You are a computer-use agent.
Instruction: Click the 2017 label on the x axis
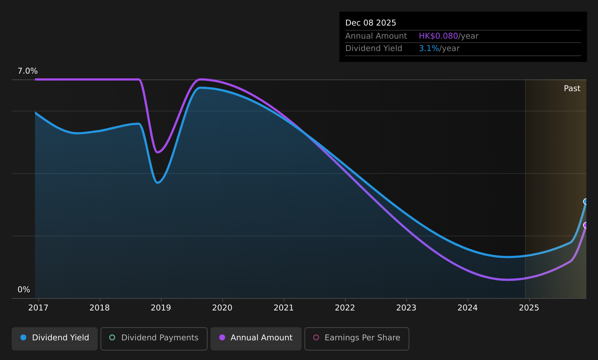[x=38, y=308]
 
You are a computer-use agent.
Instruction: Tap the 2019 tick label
[x=161, y=308]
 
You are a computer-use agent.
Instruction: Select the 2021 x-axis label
[x=283, y=308]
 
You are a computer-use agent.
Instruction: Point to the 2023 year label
[x=406, y=308]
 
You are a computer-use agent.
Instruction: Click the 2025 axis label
[x=529, y=308]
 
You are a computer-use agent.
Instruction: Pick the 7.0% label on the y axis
[x=28, y=71]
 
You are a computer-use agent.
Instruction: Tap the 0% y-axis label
[x=24, y=290]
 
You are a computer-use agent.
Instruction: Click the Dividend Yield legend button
[x=55, y=339]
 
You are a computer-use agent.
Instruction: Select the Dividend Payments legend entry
[x=154, y=339]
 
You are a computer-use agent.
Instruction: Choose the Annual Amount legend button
[x=256, y=339]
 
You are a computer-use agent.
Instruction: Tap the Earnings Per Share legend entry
[x=357, y=339]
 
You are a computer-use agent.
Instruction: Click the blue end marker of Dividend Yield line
[x=586, y=201]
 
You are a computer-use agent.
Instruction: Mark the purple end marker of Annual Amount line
[x=586, y=225]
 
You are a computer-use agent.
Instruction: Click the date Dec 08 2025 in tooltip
[x=370, y=23]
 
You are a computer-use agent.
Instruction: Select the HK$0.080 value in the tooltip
[x=438, y=36]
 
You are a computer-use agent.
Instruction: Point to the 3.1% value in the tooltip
[x=429, y=48]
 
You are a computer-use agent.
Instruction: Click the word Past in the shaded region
[x=572, y=89]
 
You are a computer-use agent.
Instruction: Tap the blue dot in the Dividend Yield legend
[x=24, y=337]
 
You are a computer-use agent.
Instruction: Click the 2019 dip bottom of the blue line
[x=158, y=183]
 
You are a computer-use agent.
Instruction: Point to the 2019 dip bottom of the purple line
[x=158, y=152]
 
